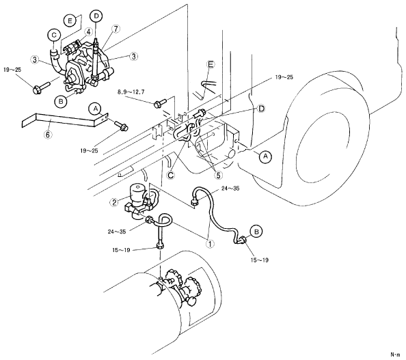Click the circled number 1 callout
coord(210,244)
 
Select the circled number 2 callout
coord(115,202)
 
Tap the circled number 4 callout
coord(89,32)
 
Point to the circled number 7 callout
coord(116,29)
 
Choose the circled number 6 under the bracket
coord(48,135)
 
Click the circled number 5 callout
coord(218,175)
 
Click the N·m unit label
coord(395,354)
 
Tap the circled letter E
coord(70,21)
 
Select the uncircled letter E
coord(211,65)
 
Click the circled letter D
coord(96,16)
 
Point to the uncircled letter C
coord(171,176)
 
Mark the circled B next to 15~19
coord(256,232)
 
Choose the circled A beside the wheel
coord(265,156)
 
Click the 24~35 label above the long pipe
coord(230,189)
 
